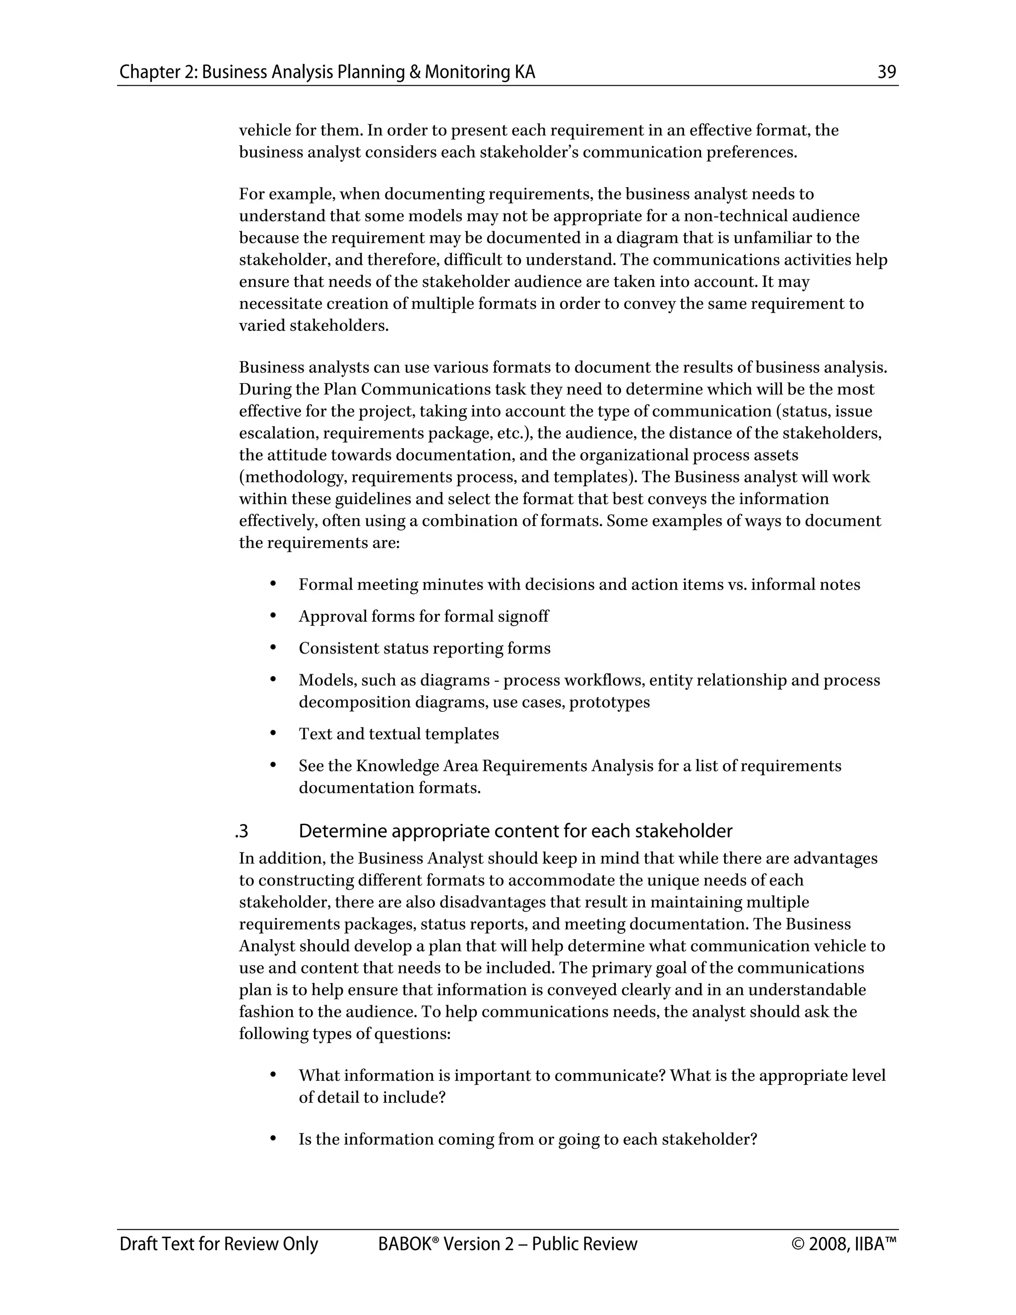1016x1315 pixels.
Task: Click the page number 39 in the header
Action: pyautogui.click(x=887, y=72)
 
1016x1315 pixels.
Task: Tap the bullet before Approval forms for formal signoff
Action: pyautogui.click(x=273, y=615)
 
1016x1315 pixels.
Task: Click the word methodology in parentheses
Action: pyautogui.click(x=294, y=477)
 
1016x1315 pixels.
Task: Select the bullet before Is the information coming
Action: pyautogui.click(x=273, y=1138)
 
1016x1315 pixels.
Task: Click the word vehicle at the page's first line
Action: pyautogui.click(x=262, y=130)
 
